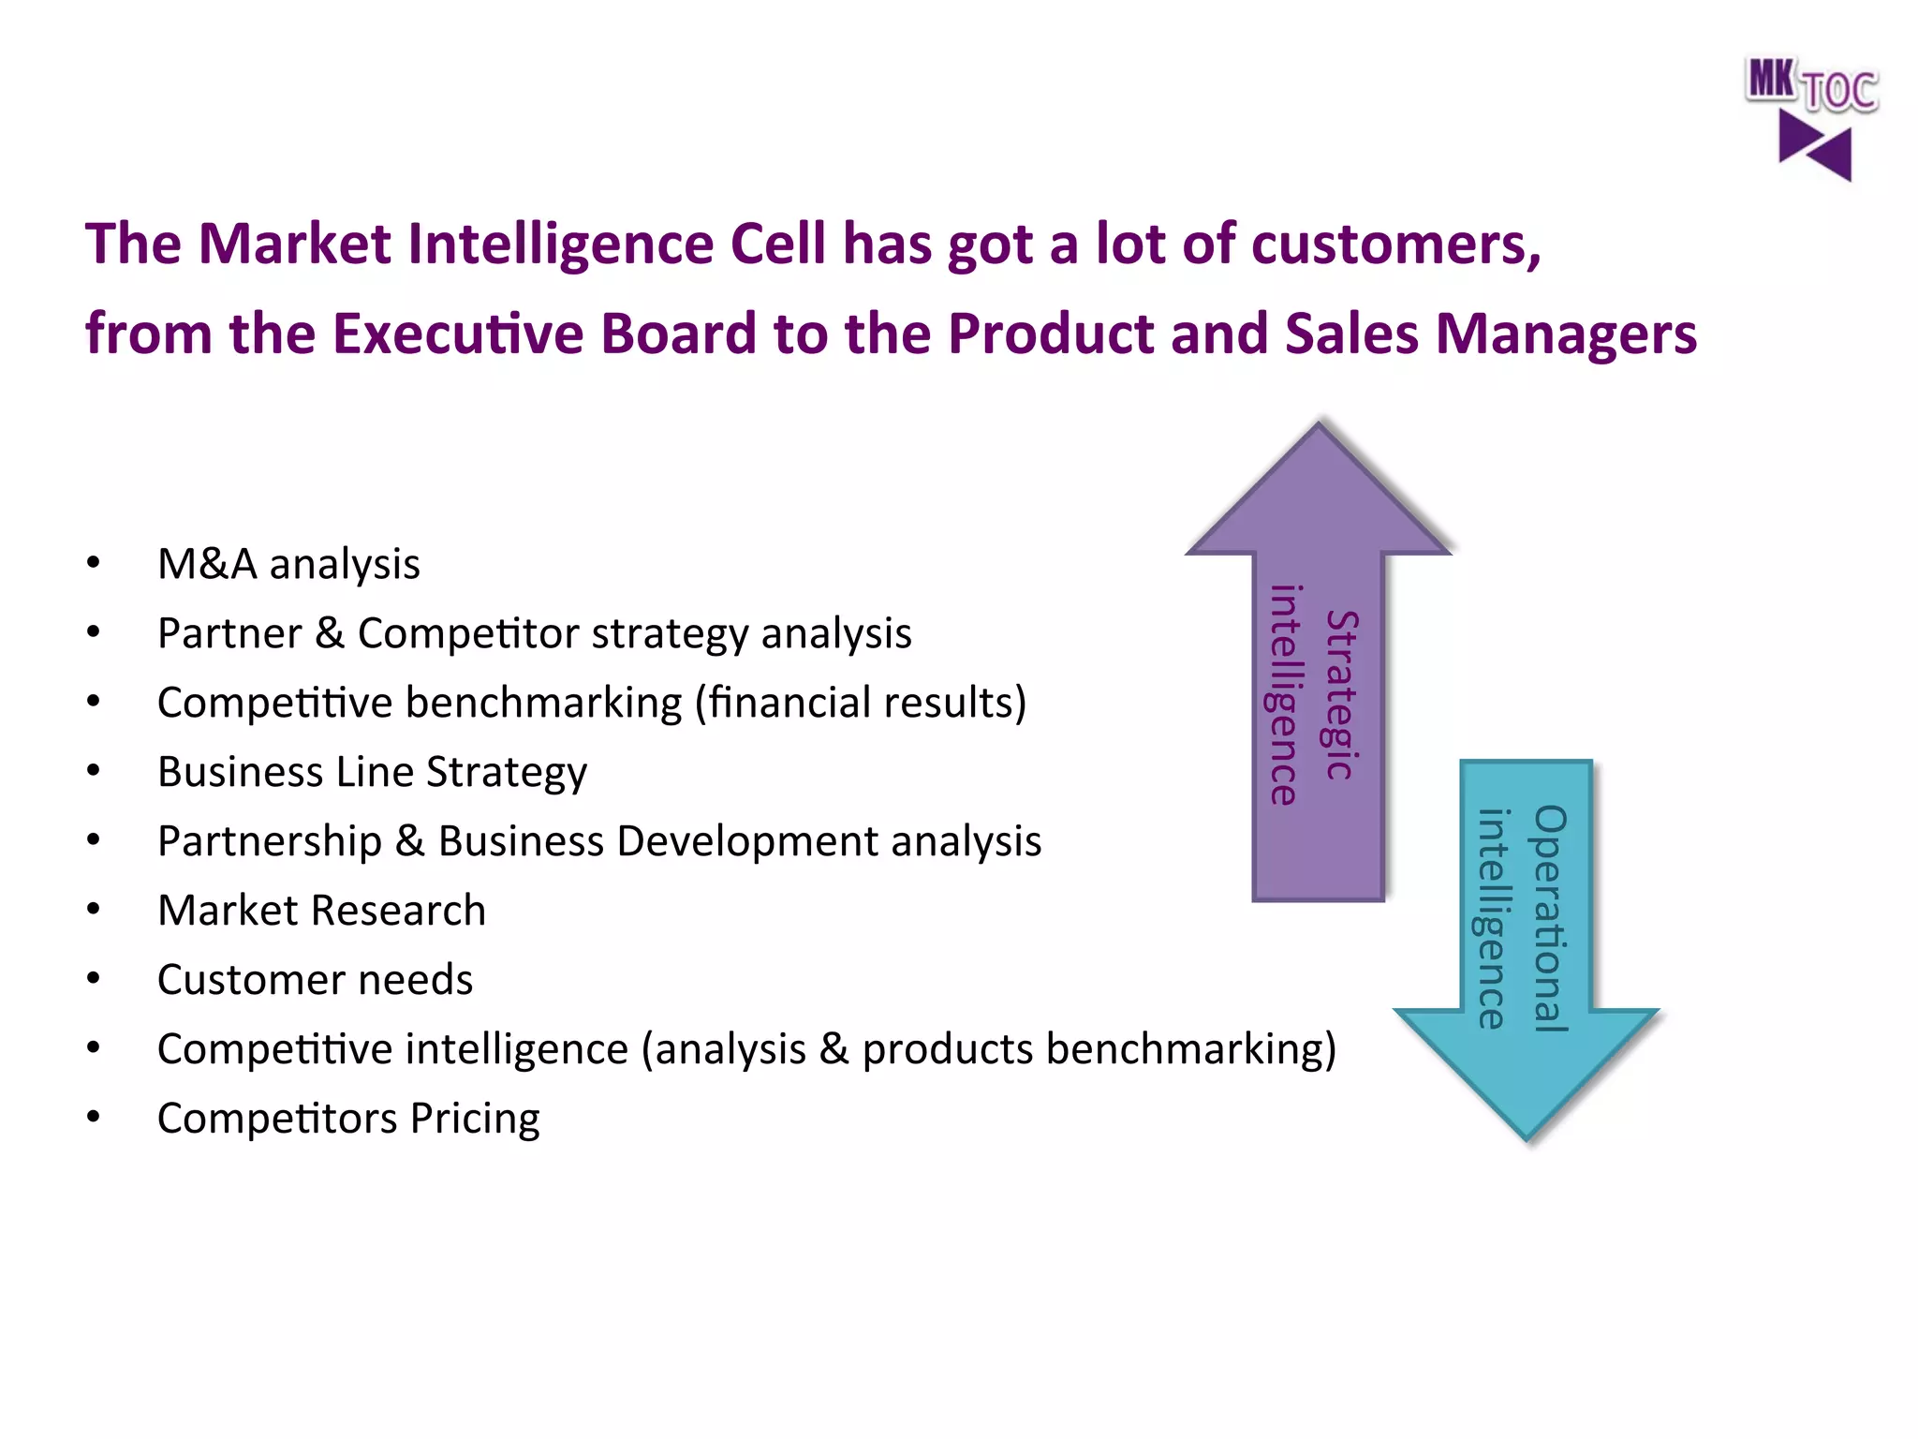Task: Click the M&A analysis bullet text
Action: (x=288, y=565)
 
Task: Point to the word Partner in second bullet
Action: (x=229, y=634)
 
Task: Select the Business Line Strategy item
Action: (x=372, y=773)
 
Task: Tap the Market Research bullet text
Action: (x=321, y=911)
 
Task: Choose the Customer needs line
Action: (x=315, y=980)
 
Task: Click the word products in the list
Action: (x=947, y=1050)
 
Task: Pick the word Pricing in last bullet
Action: (x=475, y=1119)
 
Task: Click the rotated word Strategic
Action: (x=1342, y=694)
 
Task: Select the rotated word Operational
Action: (x=1551, y=918)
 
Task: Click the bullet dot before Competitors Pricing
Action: (x=93, y=1117)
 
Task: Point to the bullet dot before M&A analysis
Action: (x=93, y=563)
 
